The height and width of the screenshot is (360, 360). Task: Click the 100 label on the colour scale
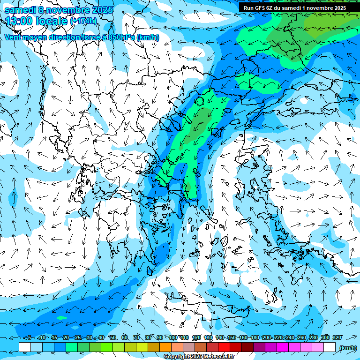173,338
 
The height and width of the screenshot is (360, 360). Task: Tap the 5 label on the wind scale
29,338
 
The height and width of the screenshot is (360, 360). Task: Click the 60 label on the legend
125,338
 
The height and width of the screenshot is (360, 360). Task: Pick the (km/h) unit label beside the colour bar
347,347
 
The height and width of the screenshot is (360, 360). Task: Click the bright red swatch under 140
224,347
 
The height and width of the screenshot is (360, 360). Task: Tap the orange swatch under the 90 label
165,347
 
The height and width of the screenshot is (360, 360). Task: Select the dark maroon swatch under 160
247,347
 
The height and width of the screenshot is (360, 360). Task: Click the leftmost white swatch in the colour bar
25,347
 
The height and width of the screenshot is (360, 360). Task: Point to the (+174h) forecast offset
83,21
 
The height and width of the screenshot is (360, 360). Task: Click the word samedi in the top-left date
19,9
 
